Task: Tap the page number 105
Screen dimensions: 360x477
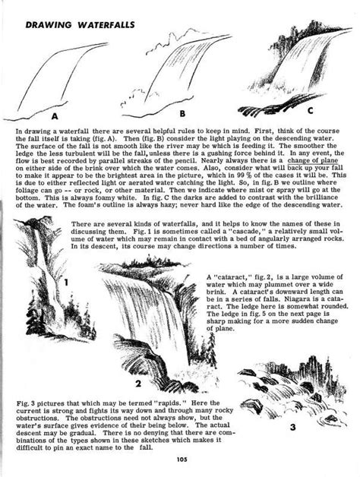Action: click(179, 457)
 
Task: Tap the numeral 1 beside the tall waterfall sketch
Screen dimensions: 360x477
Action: click(65, 282)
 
